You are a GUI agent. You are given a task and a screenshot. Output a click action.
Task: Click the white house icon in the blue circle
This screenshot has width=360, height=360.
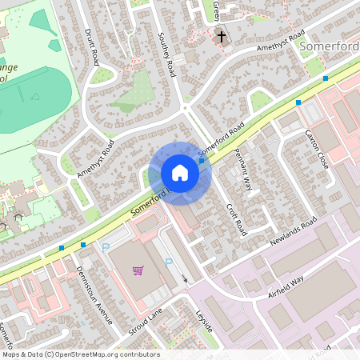(180, 173)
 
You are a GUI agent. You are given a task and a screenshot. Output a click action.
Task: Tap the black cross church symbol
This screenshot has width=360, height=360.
(222, 36)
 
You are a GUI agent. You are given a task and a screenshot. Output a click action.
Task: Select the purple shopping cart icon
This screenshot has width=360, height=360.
(138, 270)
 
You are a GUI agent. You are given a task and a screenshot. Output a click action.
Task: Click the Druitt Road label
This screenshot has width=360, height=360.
(92, 47)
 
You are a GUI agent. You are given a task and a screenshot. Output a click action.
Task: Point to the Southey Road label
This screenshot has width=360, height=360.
(166, 55)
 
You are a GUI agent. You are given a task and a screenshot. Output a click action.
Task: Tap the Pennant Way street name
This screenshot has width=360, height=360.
(243, 170)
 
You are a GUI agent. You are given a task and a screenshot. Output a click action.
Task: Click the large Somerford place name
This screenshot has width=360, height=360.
(330, 46)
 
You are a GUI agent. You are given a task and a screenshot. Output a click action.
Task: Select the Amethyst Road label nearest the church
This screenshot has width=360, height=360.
(281, 42)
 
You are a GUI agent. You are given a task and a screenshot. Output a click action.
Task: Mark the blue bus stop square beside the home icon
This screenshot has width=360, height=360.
(202, 161)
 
